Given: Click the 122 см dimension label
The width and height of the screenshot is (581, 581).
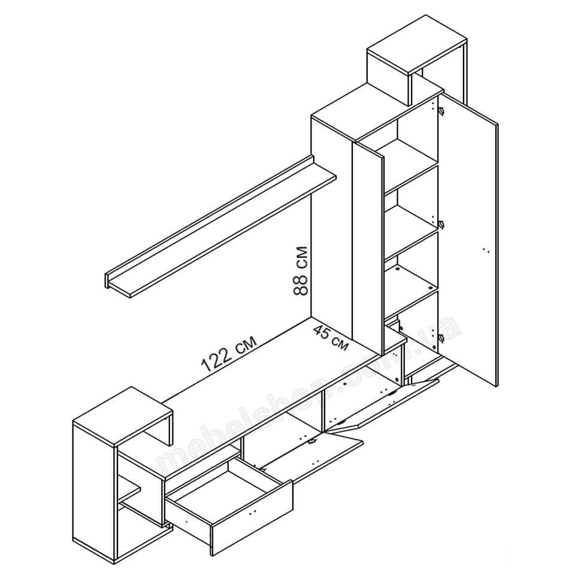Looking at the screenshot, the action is coord(229,353).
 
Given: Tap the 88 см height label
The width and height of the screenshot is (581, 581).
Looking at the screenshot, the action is coord(301,271).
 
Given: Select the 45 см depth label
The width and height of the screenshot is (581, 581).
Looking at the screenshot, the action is coord(331,337).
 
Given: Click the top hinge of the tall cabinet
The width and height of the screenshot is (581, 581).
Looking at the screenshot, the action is coord(441,110).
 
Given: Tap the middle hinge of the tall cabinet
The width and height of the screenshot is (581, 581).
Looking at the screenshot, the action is coord(441,224).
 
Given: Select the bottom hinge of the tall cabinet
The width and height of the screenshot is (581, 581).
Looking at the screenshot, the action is coord(441,337).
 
